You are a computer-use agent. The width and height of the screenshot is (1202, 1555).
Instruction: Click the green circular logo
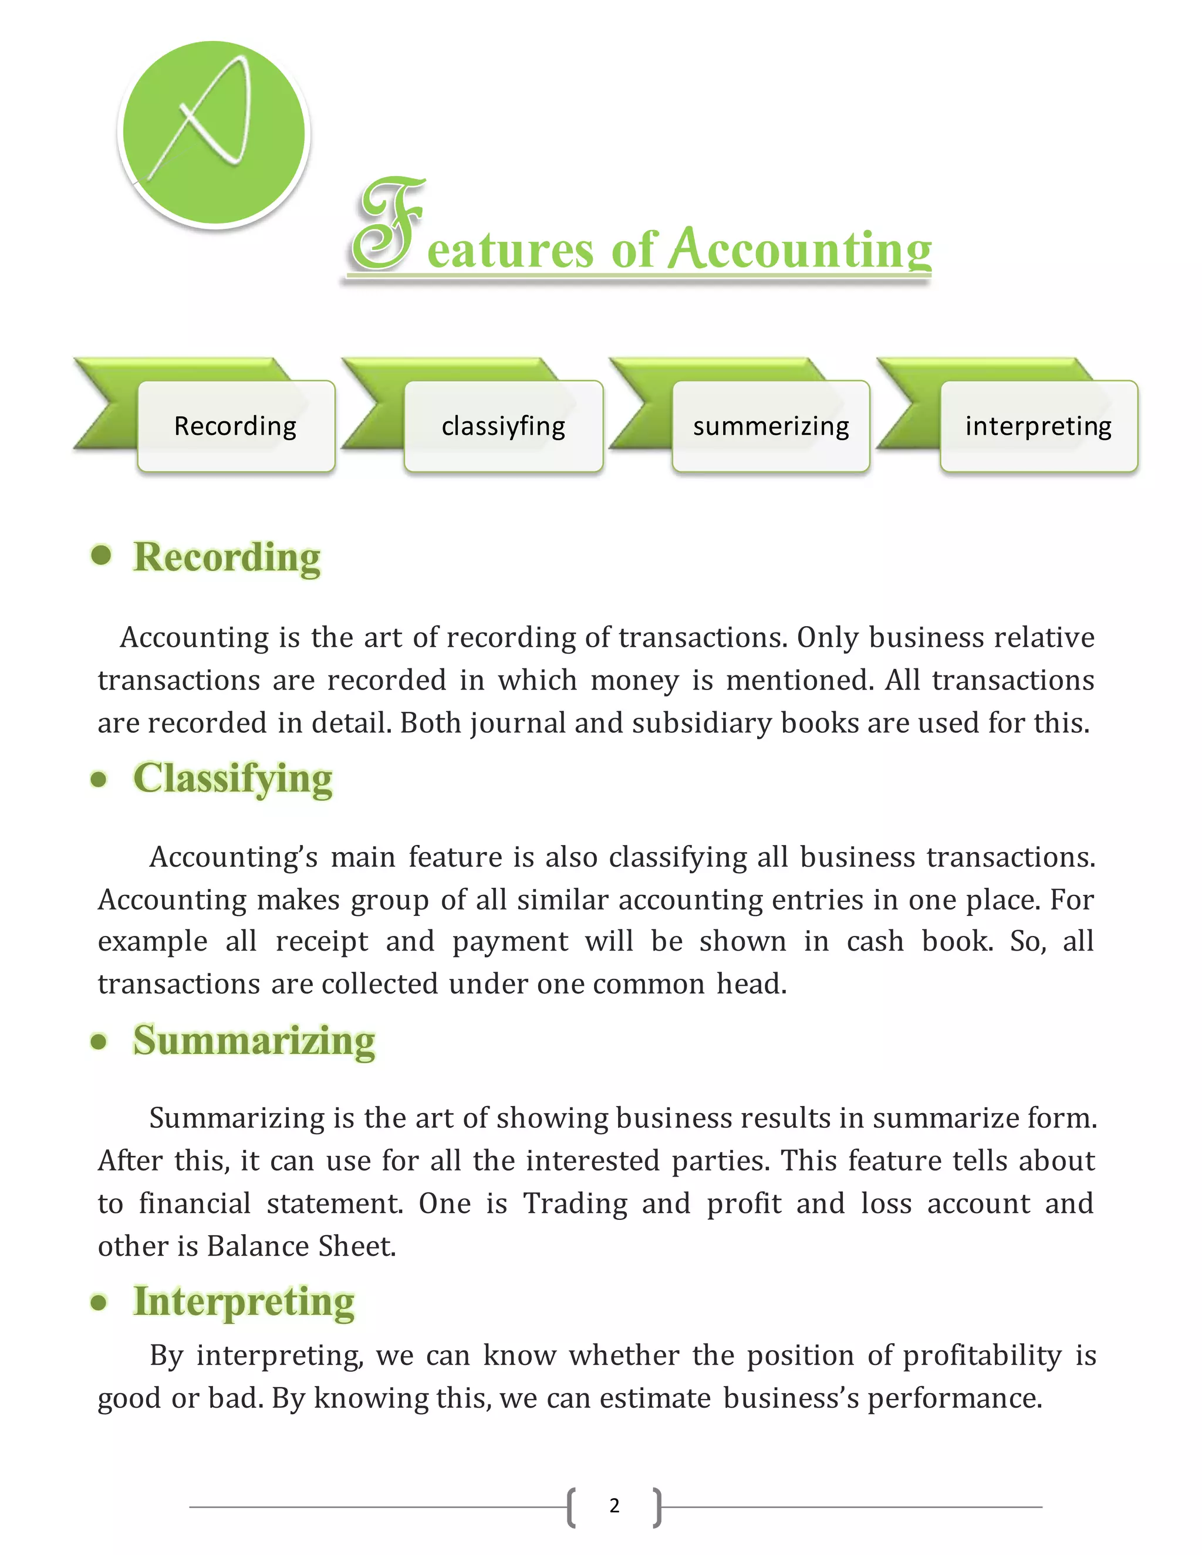(x=214, y=133)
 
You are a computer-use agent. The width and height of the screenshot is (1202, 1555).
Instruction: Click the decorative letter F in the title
(x=388, y=227)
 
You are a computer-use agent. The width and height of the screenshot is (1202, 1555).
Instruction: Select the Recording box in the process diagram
(x=236, y=426)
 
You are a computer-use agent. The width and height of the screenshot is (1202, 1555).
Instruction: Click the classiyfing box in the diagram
(x=504, y=426)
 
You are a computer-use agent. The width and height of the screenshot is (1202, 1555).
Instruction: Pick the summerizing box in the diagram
(x=771, y=426)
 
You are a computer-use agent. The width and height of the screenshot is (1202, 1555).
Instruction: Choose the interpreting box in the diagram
(x=1038, y=426)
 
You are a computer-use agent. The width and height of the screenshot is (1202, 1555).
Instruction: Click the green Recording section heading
(x=227, y=556)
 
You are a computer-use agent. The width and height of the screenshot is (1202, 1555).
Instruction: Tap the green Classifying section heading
(x=233, y=777)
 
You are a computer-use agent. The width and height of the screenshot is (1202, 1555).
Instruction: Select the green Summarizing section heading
(x=254, y=1040)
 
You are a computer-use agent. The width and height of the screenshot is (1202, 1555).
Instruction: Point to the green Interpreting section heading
(x=244, y=1302)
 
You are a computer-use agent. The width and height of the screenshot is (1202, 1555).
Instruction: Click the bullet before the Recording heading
(x=102, y=555)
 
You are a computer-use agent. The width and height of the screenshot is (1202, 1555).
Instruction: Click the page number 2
(x=614, y=1505)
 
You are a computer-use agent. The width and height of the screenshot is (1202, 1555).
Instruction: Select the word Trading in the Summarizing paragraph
(x=575, y=1204)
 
